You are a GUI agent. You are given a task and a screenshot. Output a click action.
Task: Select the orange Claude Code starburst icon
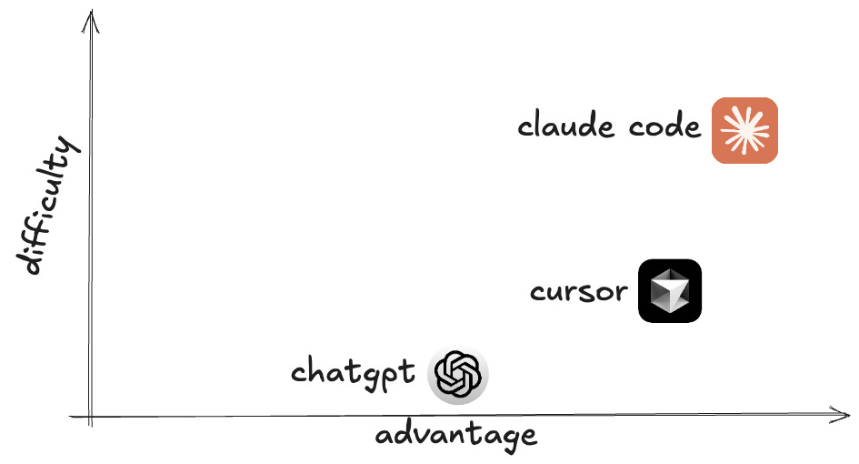(744, 130)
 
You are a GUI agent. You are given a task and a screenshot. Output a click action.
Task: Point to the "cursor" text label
(578, 293)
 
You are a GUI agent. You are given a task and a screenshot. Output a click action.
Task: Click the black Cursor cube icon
(670, 291)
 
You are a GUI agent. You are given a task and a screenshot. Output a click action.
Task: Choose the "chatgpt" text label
(353, 373)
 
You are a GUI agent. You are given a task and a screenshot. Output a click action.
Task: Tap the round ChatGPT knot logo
(458, 374)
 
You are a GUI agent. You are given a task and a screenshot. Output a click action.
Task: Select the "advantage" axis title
(455, 436)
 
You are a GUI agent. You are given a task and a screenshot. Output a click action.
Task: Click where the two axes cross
(89, 417)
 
